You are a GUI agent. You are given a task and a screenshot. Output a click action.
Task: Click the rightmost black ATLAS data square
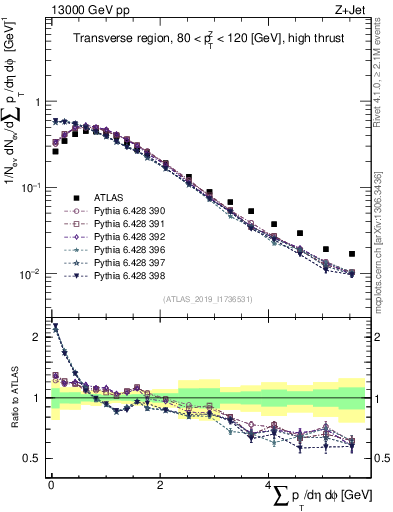(351, 254)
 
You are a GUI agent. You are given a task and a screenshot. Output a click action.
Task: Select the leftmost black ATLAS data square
(56, 152)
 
